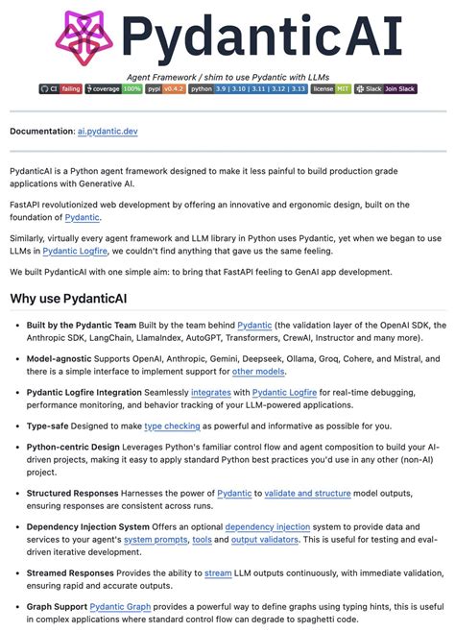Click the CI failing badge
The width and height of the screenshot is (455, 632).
(60, 88)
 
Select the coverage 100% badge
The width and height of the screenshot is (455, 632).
(113, 88)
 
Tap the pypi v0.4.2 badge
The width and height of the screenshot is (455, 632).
(165, 88)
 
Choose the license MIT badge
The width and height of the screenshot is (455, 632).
(330, 88)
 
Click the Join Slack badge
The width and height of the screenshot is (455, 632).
(386, 88)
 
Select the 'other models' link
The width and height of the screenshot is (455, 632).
(258, 371)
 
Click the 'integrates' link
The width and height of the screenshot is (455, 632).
(210, 392)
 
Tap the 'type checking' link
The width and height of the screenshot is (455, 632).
(173, 425)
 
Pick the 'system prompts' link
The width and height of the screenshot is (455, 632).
(155, 540)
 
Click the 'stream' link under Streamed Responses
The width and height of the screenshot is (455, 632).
(218, 573)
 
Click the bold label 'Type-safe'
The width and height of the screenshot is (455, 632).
(53, 425)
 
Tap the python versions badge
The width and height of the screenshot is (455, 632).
(248, 88)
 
